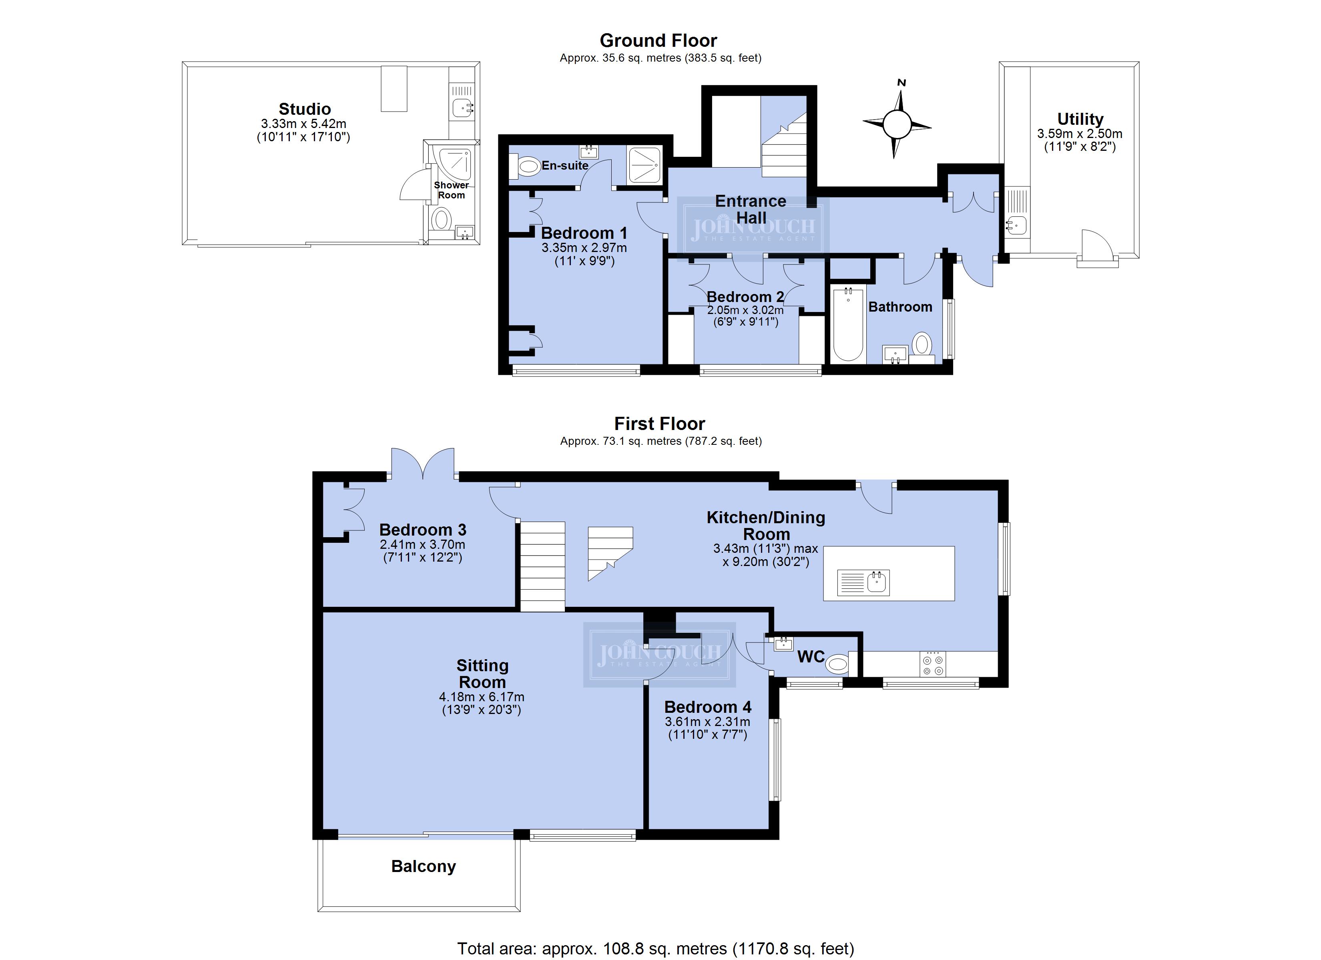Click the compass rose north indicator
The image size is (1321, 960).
click(x=901, y=83)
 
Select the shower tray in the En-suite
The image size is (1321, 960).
click(x=644, y=165)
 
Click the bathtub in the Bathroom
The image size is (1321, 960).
click(x=847, y=324)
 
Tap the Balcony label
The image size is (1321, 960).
click(x=424, y=866)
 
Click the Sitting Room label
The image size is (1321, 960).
click(x=482, y=674)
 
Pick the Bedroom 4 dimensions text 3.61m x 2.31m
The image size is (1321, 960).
click(x=708, y=721)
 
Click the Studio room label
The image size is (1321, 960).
click(x=305, y=109)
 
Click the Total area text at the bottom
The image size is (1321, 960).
click(x=656, y=948)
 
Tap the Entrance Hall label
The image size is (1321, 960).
click(x=751, y=209)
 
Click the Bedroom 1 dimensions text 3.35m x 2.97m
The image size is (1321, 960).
click(x=584, y=248)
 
